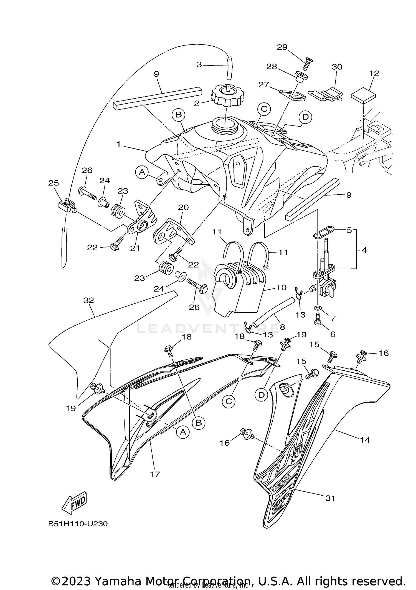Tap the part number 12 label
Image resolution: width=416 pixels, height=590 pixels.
[x=374, y=74]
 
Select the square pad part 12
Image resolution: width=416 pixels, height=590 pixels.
[x=364, y=95]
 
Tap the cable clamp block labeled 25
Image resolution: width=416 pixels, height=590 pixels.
[x=66, y=206]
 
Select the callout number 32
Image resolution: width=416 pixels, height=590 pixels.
[x=89, y=300]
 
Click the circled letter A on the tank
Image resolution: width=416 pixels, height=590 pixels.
[x=142, y=172]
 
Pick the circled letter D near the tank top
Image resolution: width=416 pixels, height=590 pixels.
[x=305, y=117]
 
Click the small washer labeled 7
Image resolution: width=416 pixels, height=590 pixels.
[x=318, y=308]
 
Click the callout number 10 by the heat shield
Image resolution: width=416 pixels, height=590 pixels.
[x=281, y=287]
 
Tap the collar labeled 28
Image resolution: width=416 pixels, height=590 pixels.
[x=300, y=77]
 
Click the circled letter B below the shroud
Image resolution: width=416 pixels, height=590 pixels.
[x=199, y=423]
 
